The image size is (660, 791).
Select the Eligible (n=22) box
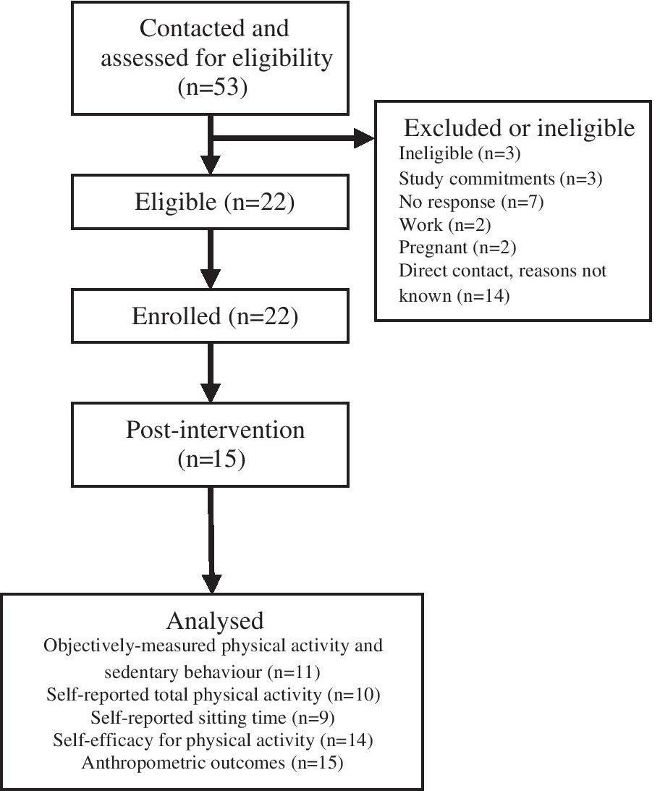pyautogui.click(x=213, y=203)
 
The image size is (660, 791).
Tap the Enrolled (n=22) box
pyautogui.click(x=213, y=317)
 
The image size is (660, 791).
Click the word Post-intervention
pyautogui.click(x=215, y=430)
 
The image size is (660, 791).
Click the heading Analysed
pyautogui.click(x=215, y=620)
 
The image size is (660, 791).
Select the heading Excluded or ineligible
pyautogui.click(x=519, y=128)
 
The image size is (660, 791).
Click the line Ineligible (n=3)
pyautogui.click(x=449, y=153)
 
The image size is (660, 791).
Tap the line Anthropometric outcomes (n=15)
pyautogui.click(x=213, y=763)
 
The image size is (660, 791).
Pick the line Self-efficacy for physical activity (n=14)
pyautogui.click(x=213, y=740)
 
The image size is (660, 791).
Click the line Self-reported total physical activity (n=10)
pyautogui.click(x=213, y=695)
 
